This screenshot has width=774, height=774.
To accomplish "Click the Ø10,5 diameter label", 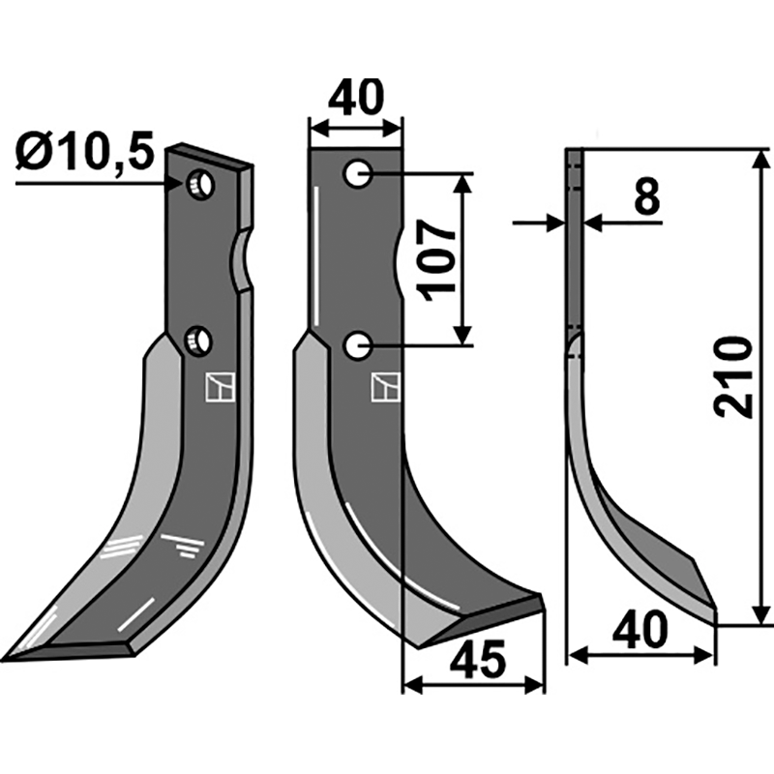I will (x=84, y=152).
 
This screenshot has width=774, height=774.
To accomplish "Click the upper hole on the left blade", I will (x=201, y=182).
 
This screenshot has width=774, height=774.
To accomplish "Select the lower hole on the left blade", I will (x=200, y=340).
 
